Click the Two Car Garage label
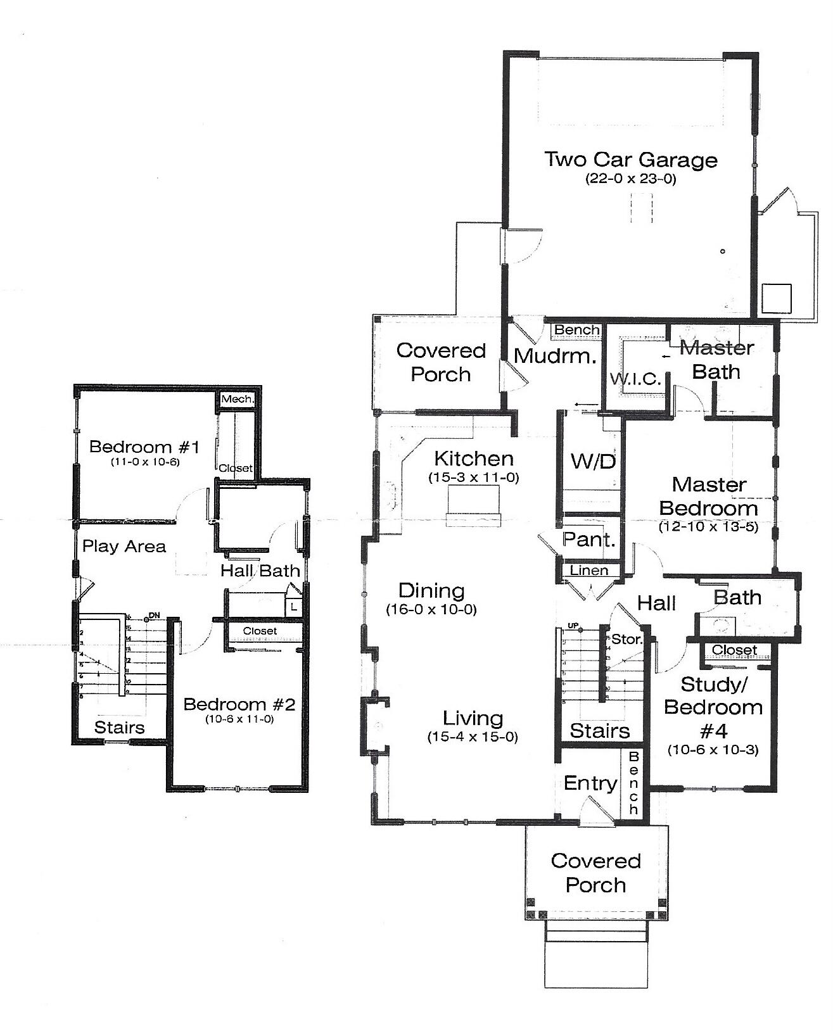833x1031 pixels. (631, 160)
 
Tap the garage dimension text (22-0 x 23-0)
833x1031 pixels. (631, 179)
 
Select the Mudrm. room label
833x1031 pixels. (555, 356)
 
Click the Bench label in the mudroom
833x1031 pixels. (576, 330)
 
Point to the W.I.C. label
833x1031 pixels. (635, 379)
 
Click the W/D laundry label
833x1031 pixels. (593, 461)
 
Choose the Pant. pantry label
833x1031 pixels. (589, 540)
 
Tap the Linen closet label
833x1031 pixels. (589, 570)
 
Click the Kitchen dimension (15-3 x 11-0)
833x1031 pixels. (474, 478)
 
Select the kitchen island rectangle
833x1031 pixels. (473, 505)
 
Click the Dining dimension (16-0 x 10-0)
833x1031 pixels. (431, 610)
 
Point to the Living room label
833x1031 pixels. (473, 718)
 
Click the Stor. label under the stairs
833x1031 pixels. (626, 640)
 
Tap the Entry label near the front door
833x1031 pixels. (590, 783)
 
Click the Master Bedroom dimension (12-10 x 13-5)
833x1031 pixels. (708, 526)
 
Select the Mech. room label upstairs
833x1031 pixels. (238, 400)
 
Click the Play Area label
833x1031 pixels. (124, 547)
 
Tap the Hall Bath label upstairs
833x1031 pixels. (260, 571)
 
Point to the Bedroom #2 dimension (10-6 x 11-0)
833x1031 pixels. (239, 719)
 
